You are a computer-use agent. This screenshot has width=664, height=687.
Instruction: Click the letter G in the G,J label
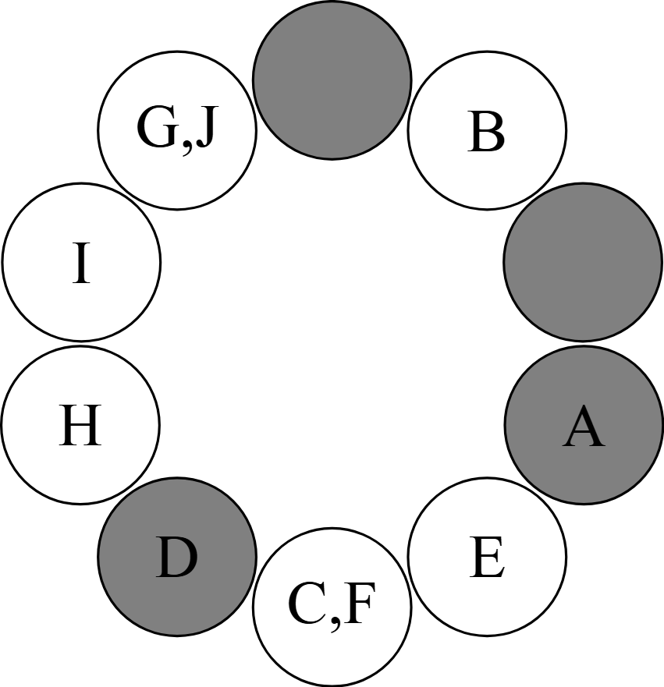tap(155, 129)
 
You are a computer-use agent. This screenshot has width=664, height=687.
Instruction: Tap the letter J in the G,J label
tap(203, 129)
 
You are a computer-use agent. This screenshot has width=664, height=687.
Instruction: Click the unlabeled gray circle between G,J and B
tap(332, 80)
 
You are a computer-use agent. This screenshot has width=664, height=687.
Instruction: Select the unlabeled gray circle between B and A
tap(583, 263)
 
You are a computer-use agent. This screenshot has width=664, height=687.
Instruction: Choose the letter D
tap(177, 558)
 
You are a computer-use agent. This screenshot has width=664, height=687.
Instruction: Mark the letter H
tap(80, 427)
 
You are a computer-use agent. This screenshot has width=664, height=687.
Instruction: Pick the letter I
tap(81, 264)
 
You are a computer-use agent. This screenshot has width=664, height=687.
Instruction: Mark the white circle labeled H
tap(80, 460)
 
